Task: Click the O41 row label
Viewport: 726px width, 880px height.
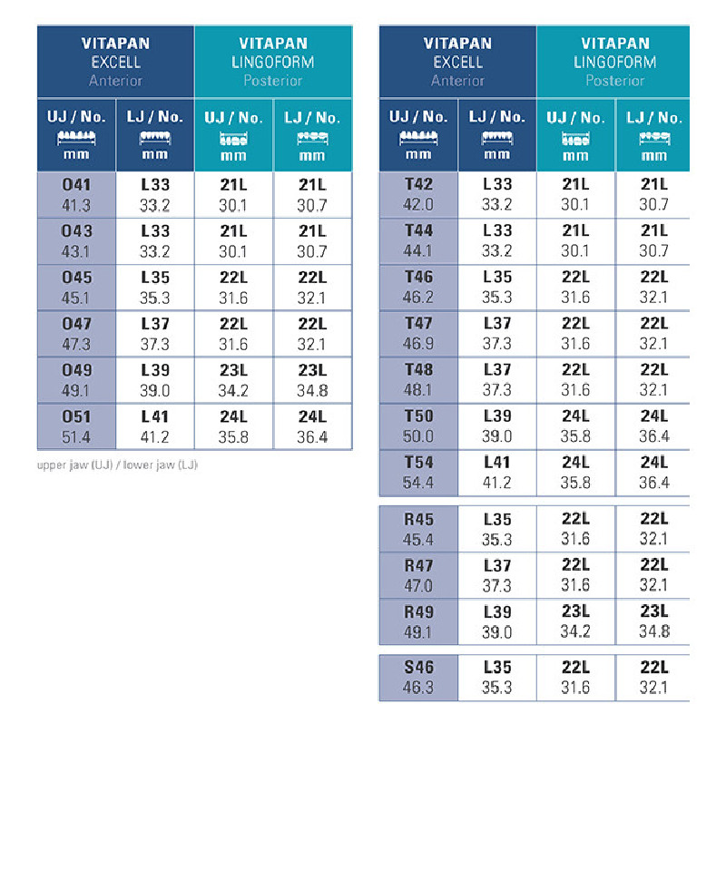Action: pos(76,185)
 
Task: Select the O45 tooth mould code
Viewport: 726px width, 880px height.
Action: pos(76,278)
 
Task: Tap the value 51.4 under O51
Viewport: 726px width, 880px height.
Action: pos(76,437)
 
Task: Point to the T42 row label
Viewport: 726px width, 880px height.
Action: pos(418,185)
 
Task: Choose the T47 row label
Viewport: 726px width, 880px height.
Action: pos(418,324)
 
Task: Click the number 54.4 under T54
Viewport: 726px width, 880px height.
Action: pos(418,483)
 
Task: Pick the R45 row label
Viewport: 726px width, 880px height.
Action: pos(418,520)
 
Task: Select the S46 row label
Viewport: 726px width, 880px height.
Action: pos(418,668)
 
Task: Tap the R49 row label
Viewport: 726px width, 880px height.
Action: pos(418,612)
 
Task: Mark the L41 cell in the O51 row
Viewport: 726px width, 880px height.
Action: pos(155,417)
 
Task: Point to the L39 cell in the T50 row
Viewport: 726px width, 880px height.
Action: pos(497,416)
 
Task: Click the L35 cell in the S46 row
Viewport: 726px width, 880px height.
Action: pos(497,668)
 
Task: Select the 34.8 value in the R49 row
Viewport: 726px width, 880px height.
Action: pos(654,632)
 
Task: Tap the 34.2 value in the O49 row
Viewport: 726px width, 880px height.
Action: pos(233,391)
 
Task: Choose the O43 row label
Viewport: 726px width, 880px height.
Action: pos(76,231)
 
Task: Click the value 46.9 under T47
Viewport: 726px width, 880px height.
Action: pos(418,344)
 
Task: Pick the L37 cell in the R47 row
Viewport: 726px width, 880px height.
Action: pos(497,566)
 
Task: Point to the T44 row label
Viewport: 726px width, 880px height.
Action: pos(418,231)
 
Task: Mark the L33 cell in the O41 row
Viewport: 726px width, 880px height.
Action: pos(155,185)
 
